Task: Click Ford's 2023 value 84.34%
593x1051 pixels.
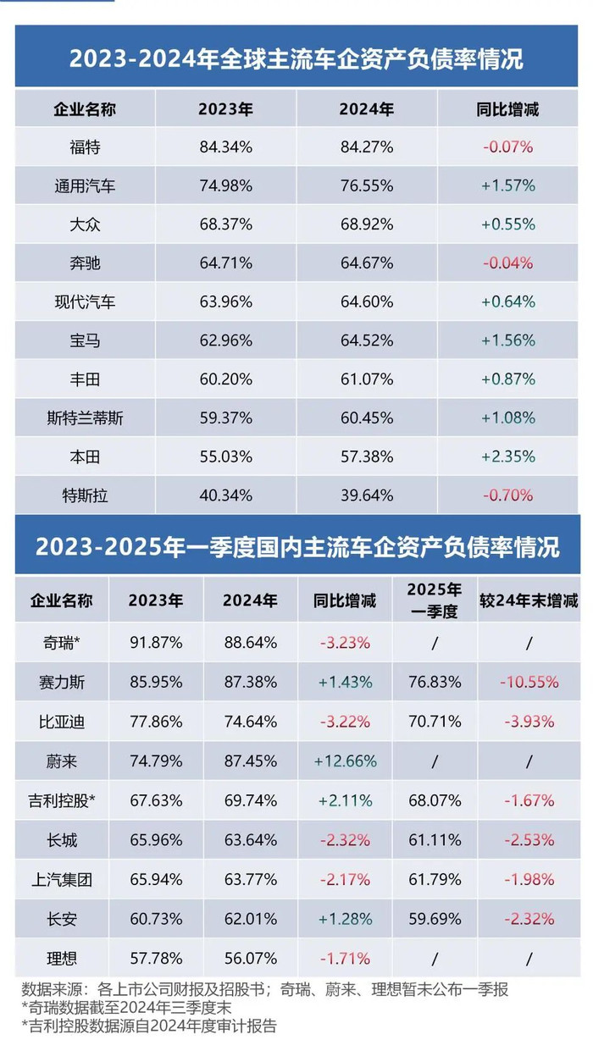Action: click(225, 147)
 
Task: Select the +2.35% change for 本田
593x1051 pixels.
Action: click(508, 456)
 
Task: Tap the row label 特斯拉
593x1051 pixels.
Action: click(85, 495)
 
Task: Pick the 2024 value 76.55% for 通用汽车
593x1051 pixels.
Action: click(366, 186)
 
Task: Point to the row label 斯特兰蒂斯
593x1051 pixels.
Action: click(85, 418)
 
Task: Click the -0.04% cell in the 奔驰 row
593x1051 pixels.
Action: click(508, 263)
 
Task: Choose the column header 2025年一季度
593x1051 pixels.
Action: click(434, 600)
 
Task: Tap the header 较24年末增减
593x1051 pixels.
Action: click(529, 600)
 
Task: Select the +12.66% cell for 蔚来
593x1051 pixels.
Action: click(346, 761)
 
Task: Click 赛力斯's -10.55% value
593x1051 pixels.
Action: click(529, 682)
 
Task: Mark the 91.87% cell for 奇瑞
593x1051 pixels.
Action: click(156, 642)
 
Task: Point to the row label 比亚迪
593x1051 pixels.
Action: click(62, 722)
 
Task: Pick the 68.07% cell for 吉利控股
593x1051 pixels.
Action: click(434, 800)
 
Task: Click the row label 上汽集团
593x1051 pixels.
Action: click(62, 880)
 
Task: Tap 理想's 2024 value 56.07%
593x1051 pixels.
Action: click(251, 959)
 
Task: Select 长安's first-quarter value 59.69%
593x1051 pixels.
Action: click(434, 919)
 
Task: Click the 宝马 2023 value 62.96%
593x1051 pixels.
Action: click(225, 340)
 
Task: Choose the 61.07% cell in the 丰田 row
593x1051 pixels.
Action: click(366, 379)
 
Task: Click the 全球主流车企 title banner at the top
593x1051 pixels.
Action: click(296, 59)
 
